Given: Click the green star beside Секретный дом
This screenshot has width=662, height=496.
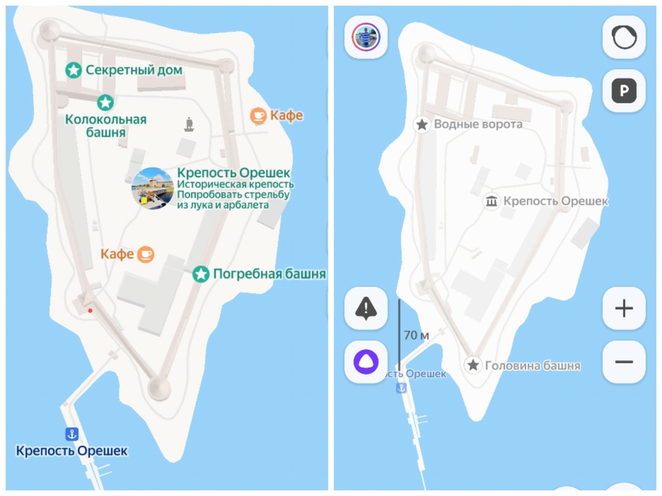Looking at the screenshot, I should click(73, 70).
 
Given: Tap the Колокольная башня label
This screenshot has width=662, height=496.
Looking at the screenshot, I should click(106, 126).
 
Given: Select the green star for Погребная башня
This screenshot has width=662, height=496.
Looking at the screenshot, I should click(201, 274).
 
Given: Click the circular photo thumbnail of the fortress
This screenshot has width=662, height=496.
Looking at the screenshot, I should click(153, 188).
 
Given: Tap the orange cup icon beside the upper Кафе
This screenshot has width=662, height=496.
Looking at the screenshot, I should click(258, 116).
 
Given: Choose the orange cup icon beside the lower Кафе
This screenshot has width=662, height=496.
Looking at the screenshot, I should click(146, 254).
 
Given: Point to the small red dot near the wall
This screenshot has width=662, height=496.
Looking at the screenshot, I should click(90, 311).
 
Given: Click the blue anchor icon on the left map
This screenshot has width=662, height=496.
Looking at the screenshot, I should click(72, 434).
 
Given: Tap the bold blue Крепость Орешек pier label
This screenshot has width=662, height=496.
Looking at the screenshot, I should click(72, 451).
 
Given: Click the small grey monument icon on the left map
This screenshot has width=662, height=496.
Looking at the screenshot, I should click(190, 124).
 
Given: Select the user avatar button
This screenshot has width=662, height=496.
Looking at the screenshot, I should click(366, 37).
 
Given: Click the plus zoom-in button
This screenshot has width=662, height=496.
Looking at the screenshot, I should click(623, 308).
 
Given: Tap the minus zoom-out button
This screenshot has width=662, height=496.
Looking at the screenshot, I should click(623, 362).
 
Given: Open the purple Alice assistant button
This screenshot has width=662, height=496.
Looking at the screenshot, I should click(366, 362).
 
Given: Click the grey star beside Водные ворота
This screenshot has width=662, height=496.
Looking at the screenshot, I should click(422, 125).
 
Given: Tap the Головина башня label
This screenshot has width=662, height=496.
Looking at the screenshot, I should click(532, 365).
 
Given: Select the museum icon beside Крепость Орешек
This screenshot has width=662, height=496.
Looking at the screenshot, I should click(491, 202).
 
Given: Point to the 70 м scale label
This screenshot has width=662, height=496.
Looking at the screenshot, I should click(417, 335).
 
